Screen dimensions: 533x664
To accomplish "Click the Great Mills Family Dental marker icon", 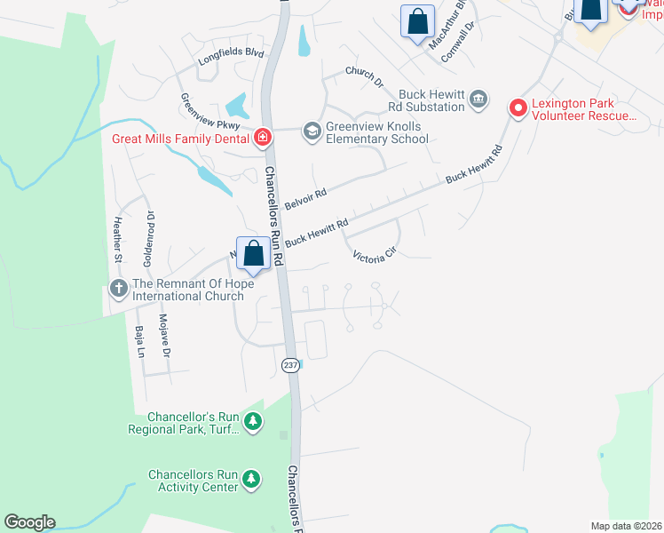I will pos(263,138).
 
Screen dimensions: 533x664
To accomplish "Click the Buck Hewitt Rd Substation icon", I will pos(478,99).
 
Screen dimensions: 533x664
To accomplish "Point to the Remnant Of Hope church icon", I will pos(118,288).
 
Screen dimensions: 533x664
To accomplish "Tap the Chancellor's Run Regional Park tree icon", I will pos(253,422).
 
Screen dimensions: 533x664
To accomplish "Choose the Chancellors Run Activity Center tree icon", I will pos(252,480).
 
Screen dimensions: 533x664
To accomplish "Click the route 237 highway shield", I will pos(290,366).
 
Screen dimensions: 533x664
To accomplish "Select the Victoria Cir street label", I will pos(373,258).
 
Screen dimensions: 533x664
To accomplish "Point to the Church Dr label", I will pos(364,77).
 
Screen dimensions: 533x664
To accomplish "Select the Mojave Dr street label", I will pos(164,335).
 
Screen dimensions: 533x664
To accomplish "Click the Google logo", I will pos(29,522).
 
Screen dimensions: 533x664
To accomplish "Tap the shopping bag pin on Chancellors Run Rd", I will pos(253,253).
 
